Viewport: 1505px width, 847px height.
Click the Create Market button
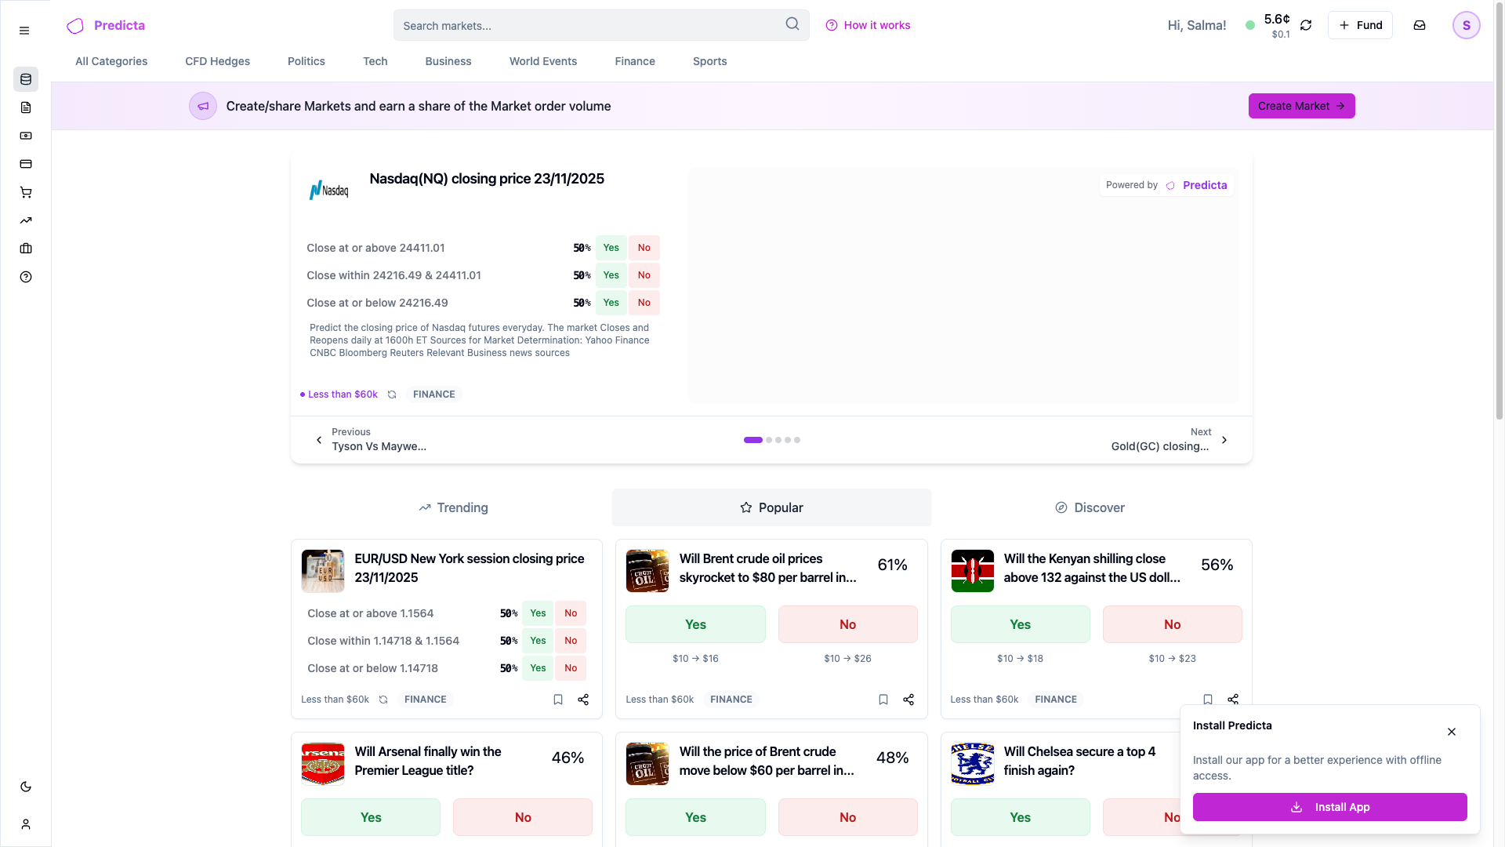[x=1301, y=106]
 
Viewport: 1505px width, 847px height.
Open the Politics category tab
[x=306, y=61]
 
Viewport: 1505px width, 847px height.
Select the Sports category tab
[x=709, y=61]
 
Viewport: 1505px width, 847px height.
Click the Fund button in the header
[x=1360, y=25]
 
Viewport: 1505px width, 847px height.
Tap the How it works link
[x=868, y=25]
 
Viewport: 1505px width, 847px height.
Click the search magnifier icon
[x=792, y=24]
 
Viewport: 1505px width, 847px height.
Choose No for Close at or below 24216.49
[x=644, y=303]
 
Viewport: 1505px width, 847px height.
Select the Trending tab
[x=453, y=507]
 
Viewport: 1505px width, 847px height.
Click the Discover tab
[x=1090, y=507]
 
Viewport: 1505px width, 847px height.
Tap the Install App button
[x=1329, y=807]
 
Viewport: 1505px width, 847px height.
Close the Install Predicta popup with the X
[x=1452, y=732]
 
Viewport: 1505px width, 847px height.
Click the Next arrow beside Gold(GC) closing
[x=1224, y=440]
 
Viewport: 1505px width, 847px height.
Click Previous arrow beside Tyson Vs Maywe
[x=319, y=440]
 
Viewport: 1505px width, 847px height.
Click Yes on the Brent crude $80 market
[x=695, y=624]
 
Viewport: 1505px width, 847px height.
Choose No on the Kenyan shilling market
[x=1172, y=624]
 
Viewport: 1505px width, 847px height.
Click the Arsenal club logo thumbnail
[x=323, y=764]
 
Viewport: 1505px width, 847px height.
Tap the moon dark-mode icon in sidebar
[x=26, y=787]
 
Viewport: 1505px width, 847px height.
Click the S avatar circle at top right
[x=1466, y=25]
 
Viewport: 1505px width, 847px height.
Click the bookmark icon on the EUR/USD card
[x=558, y=700]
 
